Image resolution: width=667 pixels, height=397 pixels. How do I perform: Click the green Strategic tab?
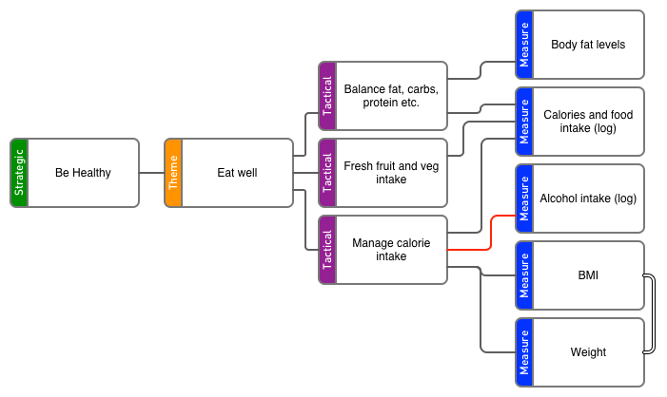pyautogui.click(x=19, y=173)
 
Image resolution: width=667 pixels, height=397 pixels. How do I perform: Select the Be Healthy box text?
pyautogui.click(x=83, y=173)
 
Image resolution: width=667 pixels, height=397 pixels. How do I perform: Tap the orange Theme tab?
pyautogui.click(x=173, y=173)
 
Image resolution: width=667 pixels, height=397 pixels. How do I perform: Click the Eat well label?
pyautogui.click(x=237, y=173)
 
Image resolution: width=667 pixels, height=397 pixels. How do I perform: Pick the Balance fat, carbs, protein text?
pyautogui.click(x=390, y=96)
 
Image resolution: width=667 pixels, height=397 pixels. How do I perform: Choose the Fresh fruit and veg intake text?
pyautogui.click(x=390, y=173)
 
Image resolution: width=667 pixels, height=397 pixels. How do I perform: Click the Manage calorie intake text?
pyautogui.click(x=390, y=250)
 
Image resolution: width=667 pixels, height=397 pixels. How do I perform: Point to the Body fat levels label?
pyautogui.click(x=588, y=45)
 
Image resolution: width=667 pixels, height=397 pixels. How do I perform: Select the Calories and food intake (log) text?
pyautogui.click(x=588, y=122)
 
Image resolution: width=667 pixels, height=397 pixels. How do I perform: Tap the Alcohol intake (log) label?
pyautogui.click(x=588, y=198)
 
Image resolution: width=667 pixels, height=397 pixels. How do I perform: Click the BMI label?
pyautogui.click(x=588, y=275)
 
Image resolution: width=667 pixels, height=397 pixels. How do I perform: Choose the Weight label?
pyautogui.click(x=588, y=352)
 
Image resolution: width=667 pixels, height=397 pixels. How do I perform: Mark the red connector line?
pyautogui.click(x=491, y=233)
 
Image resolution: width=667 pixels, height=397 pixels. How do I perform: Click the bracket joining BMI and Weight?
pyautogui.click(x=653, y=314)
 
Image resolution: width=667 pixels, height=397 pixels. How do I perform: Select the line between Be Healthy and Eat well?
pyautogui.click(x=151, y=173)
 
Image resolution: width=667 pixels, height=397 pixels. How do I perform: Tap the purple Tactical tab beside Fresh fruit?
pyautogui.click(x=327, y=173)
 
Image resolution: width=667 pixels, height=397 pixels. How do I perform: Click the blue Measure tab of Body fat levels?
pyautogui.click(x=524, y=45)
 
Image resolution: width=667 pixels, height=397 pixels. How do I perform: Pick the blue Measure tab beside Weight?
pyautogui.click(x=524, y=352)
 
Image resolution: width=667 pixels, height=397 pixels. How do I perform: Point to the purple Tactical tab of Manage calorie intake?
pyautogui.click(x=327, y=250)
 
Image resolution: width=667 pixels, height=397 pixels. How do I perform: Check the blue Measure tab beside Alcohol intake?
pyautogui.click(x=524, y=198)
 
